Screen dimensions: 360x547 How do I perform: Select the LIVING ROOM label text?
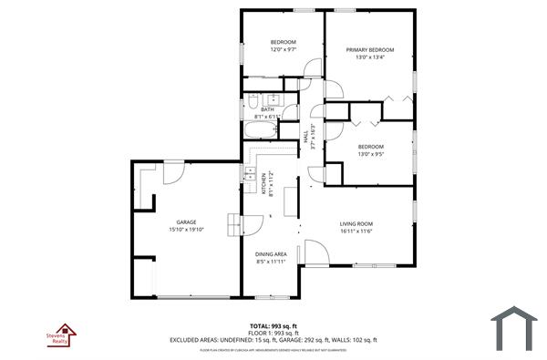pyautogui.click(x=356, y=223)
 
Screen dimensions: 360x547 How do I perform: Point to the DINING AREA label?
pyautogui.click(x=271, y=254)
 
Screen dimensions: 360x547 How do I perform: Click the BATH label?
pyautogui.click(x=266, y=109)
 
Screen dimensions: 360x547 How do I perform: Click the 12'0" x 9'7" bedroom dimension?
pyautogui.click(x=283, y=50)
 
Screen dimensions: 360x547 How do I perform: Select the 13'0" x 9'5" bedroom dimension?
pyautogui.click(x=370, y=154)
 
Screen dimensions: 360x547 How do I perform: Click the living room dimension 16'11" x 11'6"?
pyautogui.click(x=356, y=231)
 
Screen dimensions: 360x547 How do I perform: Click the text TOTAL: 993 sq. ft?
pyautogui.click(x=273, y=325)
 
